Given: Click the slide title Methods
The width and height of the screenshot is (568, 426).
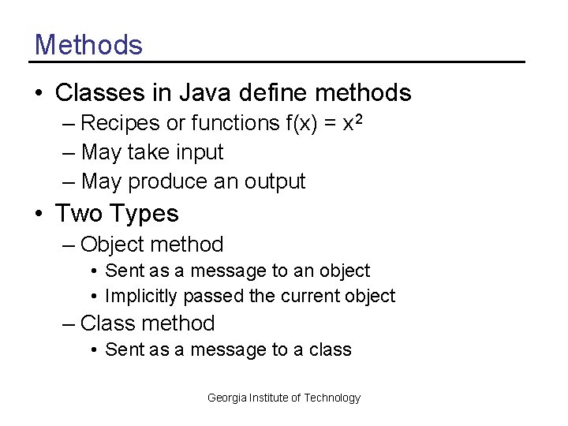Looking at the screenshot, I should pyautogui.click(x=88, y=44).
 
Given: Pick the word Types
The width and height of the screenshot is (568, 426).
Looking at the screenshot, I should pyautogui.click(x=144, y=213).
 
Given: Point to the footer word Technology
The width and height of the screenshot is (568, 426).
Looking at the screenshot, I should pyautogui.click(x=332, y=398).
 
